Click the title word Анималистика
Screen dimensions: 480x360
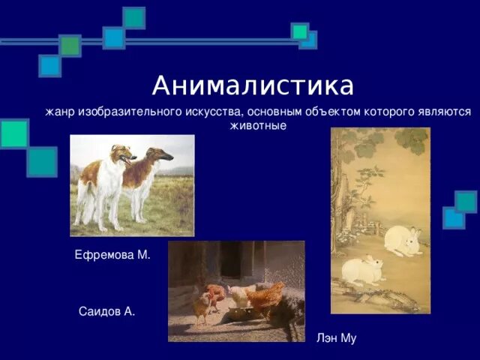pos(253,85)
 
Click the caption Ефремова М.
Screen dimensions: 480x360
pos(112,255)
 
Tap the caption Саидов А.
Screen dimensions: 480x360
pos(106,312)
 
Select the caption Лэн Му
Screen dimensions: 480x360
pos(336,338)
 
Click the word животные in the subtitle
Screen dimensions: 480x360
pos(258,126)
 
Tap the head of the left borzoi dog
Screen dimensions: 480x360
pos(122,154)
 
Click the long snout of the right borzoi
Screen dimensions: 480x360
pos(164,157)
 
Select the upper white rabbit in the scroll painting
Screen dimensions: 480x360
pos(403,241)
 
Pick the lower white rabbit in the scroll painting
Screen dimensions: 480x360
pos(362,270)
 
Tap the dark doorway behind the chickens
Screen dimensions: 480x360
pos(235,259)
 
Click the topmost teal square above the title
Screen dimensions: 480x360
pos(133,18)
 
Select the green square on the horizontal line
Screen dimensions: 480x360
pos(70,46)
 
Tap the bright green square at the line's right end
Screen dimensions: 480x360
pos(300,31)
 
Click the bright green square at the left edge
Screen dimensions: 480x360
pos(14,133)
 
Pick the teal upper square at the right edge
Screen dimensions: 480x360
pos(466,202)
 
